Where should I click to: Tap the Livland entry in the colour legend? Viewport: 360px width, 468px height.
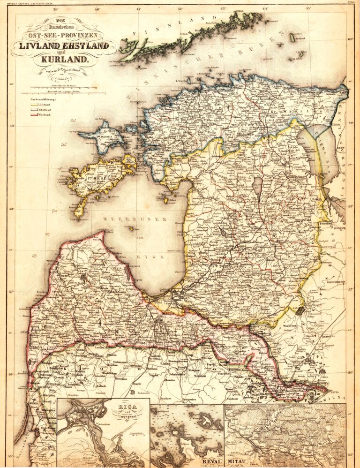pyautogui.click(x=45, y=105)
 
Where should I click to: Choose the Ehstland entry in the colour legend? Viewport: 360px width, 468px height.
pyautogui.click(x=46, y=110)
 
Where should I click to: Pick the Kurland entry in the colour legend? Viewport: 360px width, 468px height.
pyautogui.click(x=45, y=114)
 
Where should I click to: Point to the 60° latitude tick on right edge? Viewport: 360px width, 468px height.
pyautogui.click(x=350, y=39)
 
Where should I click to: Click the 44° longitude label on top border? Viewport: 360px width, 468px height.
pyautogui.click(x=265, y=8)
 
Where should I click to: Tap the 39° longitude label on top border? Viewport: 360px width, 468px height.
pyautogui.click(x=56, y=8)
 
